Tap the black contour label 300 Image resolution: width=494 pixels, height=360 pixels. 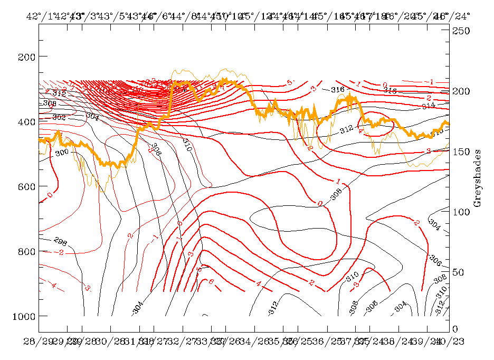click(62, 153)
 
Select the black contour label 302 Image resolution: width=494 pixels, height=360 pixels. click(60, 117)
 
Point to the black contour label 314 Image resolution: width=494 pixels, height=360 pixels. click(429, 106)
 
